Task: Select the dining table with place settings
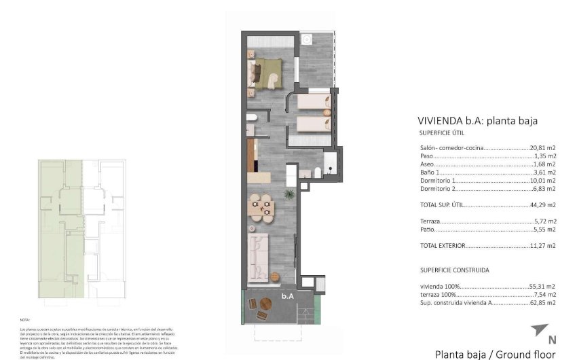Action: pos(261,205)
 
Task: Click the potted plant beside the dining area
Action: pos(290,195)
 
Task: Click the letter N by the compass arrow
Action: pos(551,340)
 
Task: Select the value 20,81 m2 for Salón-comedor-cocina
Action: pos(543,147)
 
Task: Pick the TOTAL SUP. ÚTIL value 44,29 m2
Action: pos(543,204)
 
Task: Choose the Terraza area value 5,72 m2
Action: pos(545,221)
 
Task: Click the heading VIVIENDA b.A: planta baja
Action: pos(478,121)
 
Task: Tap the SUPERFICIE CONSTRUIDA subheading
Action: pos(454,270)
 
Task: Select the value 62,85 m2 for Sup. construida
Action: pos(543,302)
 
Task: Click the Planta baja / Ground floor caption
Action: pos(495,354)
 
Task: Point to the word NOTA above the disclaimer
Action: pos(26,319)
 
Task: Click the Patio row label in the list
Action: pos(428,230)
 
